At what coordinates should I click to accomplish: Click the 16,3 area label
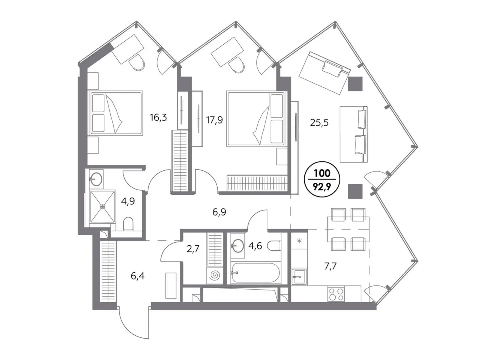click(158, 117)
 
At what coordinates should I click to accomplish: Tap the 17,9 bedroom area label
click(214, 120)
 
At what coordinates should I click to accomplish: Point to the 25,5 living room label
click(319, 123)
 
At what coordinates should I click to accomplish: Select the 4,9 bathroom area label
click(128, 202)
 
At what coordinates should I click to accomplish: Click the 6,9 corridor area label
click(219, 212)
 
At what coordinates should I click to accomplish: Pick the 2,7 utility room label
click(193, 249)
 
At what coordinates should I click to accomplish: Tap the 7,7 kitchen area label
click(330, 266)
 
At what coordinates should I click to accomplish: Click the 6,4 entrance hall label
click(138, 276)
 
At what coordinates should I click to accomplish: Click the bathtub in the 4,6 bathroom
click(255, 273)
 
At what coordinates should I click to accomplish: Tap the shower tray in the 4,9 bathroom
click(103, 206)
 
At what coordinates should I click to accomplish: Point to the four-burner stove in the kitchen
click(336, 294)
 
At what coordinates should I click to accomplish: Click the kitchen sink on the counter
click(299, 277)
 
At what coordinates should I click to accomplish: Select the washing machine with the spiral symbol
click(215, 276)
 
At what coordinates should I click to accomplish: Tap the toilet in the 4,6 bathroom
click(274, 245)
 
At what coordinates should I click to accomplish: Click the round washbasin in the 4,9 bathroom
click(96, 179)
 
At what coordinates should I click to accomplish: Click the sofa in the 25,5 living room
click(354, 134)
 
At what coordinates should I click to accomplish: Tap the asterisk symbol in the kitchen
click(299, 241)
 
